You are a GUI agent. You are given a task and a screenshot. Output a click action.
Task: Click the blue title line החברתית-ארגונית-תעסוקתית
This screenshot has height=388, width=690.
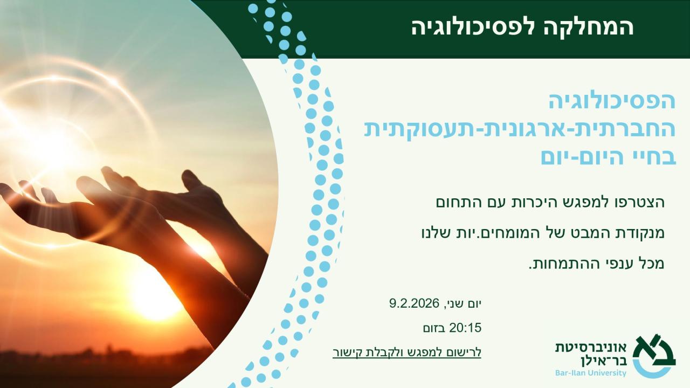pyautogui.click(x=520, y=130)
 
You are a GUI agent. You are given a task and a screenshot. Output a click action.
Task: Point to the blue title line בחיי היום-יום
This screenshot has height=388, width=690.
pyautogui.click(x=609, y=157)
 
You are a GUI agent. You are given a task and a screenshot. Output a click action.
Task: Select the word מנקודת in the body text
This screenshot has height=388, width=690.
pyautogui.click(x=641, y=234)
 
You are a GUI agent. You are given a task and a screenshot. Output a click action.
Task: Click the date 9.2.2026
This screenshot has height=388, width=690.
pyautogui.click(x=415, y=303)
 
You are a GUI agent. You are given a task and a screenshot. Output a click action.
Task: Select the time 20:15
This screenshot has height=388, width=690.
pyautogui.click(x=465, y=328)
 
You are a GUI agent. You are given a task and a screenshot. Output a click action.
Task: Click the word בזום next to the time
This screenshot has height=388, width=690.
pyautogui.click(x=434, y=328)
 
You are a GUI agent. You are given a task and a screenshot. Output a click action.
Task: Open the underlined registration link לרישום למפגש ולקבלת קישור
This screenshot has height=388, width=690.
pyautogui.click(x=407, y=352)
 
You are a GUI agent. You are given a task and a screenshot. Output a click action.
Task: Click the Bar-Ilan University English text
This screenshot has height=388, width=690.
pyautogui.click(x=591, y=373)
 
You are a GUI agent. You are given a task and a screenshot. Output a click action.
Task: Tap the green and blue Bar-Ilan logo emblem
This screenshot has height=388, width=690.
pyautogui.click(x=654, y=357)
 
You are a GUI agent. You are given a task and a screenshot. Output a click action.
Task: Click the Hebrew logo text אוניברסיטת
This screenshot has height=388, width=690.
pyautogui.click(x=591, y=348)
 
